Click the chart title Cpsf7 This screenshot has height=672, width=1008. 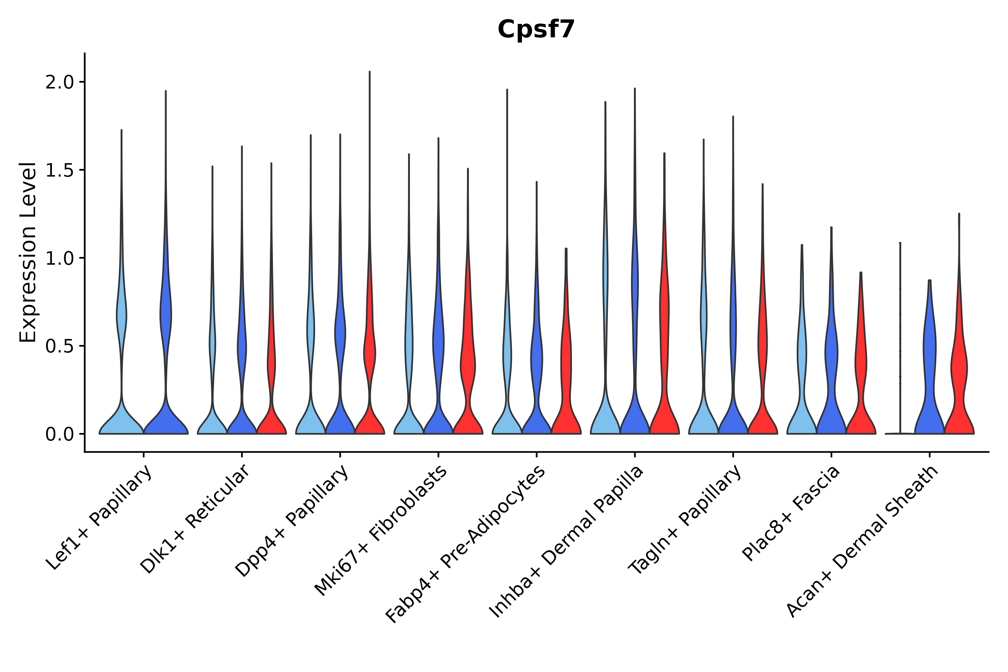(536, 30)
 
